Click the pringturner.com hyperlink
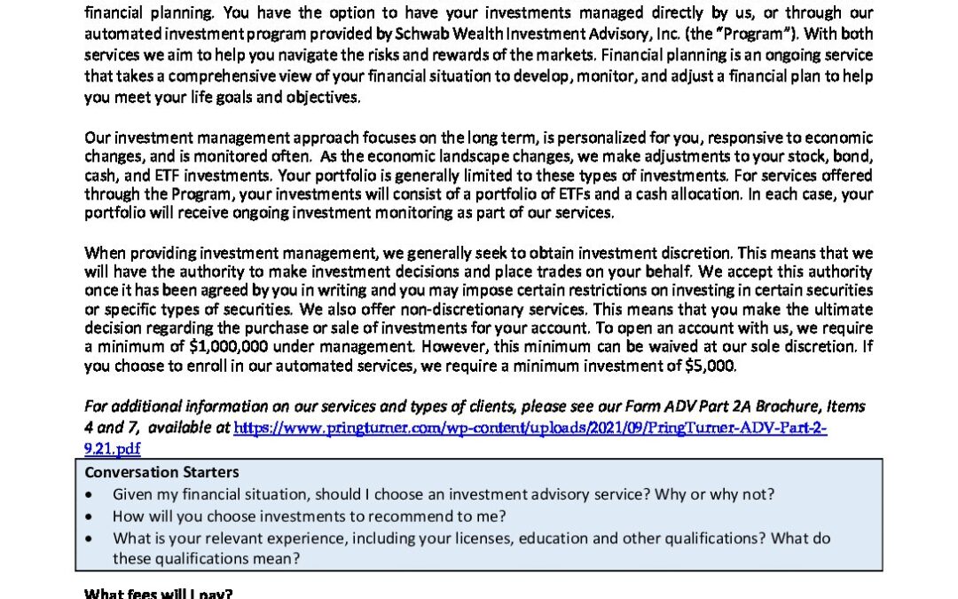coord(530,428)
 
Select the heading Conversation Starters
coord(161,472)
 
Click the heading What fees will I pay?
coord(158,593)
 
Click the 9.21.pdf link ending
coord(113,449)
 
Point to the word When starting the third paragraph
coord(102,252)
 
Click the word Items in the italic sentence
coord(844,406)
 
